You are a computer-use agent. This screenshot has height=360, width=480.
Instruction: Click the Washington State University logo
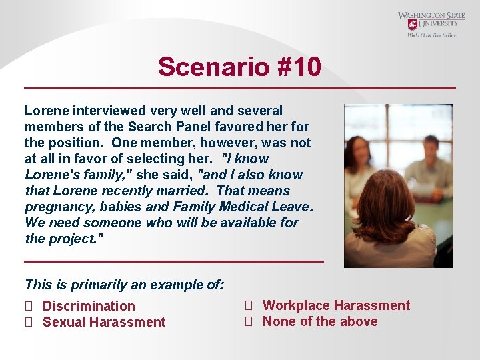431,24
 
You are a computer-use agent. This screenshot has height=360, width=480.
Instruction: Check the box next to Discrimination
28,306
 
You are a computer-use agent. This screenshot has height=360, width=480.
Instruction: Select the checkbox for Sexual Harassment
28,322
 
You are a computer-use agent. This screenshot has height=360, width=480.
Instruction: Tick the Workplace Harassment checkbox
248,305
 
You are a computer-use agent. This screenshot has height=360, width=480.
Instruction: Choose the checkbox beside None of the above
248,321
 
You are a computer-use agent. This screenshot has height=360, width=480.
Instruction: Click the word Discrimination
89,306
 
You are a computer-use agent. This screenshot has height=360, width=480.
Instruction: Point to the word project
73,239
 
